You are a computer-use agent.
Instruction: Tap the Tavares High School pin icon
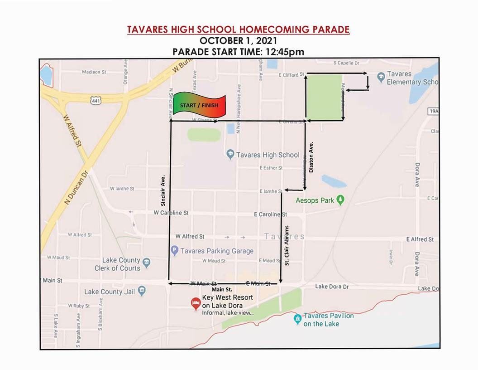230,155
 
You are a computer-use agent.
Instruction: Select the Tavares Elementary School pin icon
380,78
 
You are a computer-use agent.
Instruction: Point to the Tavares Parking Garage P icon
174,250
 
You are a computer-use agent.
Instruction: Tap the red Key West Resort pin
196,303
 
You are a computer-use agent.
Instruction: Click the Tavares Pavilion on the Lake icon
297,319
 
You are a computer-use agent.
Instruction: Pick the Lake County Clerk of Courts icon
146,262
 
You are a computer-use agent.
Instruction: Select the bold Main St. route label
222,289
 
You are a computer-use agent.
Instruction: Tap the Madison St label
94,72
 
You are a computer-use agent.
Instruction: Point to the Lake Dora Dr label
332,287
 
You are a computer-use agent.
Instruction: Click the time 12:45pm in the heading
283,51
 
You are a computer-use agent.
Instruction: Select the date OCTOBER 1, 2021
238,41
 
